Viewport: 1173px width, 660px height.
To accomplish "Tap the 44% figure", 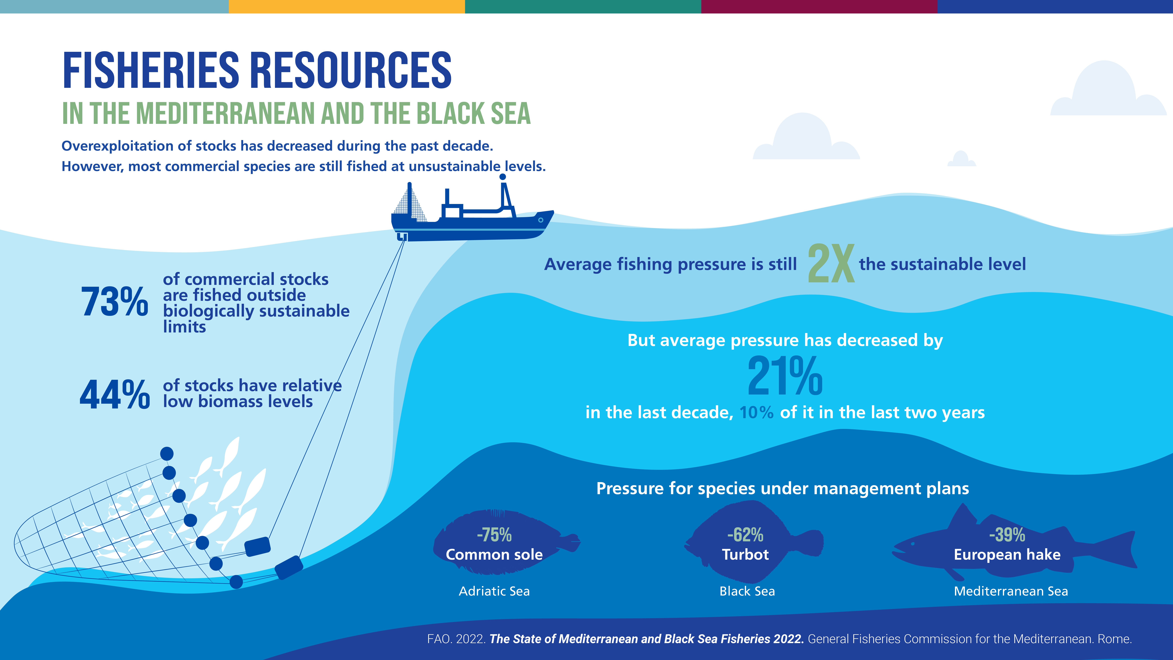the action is click(115, 394).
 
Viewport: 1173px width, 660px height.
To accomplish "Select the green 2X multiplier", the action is click(831, 263).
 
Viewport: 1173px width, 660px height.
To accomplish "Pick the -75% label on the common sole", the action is click(494, 535).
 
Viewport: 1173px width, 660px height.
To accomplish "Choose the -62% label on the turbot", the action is click(745, 535).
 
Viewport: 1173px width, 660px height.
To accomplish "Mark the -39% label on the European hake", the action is click(1007, 535).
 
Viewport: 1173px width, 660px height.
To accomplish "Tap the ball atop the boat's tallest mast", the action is click(503, 177).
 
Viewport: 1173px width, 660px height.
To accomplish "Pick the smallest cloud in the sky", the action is click(961, 158).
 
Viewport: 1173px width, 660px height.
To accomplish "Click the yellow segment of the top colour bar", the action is click(347, 6).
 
